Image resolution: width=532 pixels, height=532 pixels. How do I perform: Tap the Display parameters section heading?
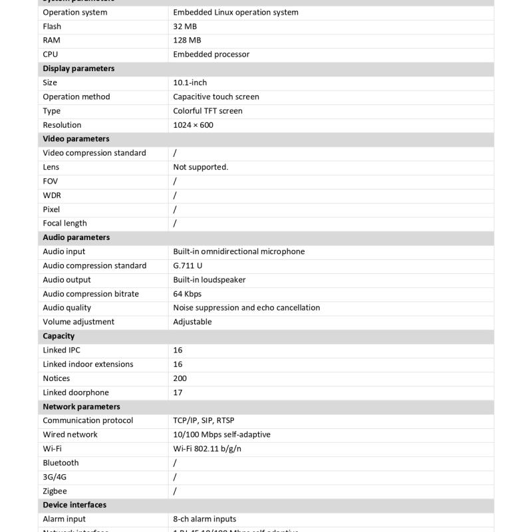pos(78,68)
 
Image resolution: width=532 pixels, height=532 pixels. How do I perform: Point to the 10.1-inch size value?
pos(190,82)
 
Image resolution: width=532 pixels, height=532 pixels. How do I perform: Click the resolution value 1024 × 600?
pos(193,125)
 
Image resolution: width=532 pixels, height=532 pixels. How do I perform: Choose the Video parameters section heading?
pos(76,139)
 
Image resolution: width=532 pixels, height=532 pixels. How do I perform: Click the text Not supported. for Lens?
pos(200,167)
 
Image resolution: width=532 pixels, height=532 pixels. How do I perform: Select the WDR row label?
pos(52,196)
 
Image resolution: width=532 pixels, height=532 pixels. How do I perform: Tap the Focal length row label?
pos(65,223)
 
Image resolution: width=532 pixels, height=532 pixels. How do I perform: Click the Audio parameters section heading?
pos(76,237)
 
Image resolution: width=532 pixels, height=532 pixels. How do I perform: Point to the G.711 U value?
pos(188,266)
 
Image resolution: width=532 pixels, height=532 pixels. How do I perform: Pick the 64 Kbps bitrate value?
pos(187,294)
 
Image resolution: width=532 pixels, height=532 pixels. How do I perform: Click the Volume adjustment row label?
pos(78,322)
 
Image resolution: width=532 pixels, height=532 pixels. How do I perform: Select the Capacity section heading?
pos(59,336)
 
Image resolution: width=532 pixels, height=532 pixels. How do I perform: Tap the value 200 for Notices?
pos(180,378)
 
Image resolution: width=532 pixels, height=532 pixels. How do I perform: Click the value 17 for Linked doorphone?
pos(178,393)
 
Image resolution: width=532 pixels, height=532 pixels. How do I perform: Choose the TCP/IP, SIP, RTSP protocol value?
pos(203,420)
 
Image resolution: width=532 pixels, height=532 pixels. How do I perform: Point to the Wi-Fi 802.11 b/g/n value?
pos(207,449)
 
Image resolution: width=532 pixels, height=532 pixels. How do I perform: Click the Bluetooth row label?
pos(61,463)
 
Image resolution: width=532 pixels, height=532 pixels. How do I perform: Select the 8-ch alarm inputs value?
pos(204,519)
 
